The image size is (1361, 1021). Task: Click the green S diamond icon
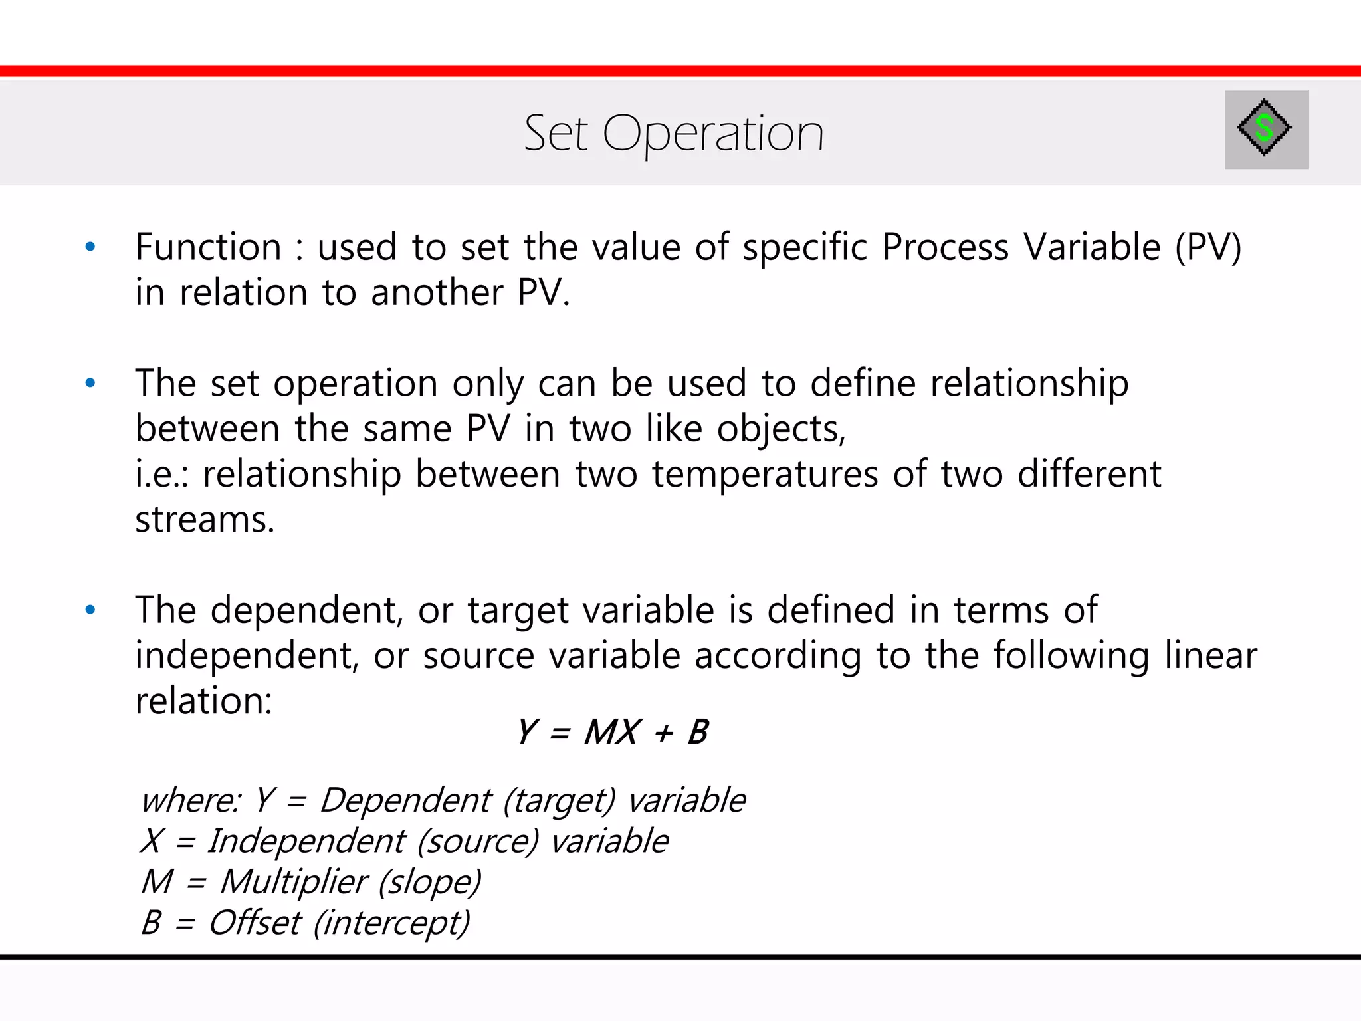tap(1264, 128)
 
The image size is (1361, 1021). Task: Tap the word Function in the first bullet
tap(208, 247)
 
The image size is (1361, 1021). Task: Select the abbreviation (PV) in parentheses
tap(1207, 247)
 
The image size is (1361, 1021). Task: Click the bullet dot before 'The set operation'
tap(90, 384)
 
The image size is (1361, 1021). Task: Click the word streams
tap(204, 520)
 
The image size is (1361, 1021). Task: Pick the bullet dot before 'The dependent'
tap(90, 610)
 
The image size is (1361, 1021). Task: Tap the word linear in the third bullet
tap(1210, 655)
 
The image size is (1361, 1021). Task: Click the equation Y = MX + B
tap(613, 733)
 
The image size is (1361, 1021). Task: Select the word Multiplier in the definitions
tap(293, 882)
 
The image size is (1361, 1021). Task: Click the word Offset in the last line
tap(255, 923)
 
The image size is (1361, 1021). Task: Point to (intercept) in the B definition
tap(391, 923)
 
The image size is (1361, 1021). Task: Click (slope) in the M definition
tap(429, 882)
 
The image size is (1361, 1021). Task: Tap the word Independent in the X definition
tap(306, 841)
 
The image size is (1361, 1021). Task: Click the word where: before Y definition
tap(190, 800)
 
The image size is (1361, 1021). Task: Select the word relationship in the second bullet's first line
tap(1029, 384)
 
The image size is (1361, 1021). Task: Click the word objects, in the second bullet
tap(781, 429)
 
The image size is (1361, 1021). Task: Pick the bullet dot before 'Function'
tap(90, 247)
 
